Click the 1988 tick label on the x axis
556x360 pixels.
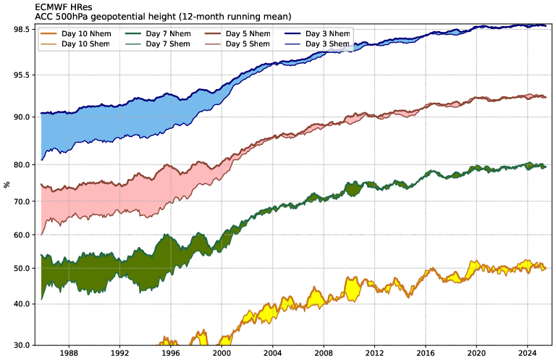(69, 353)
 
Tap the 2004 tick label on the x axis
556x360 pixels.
(273, 353)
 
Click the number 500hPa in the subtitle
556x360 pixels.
(63, 16)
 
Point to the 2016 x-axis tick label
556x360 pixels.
(426, 353)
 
